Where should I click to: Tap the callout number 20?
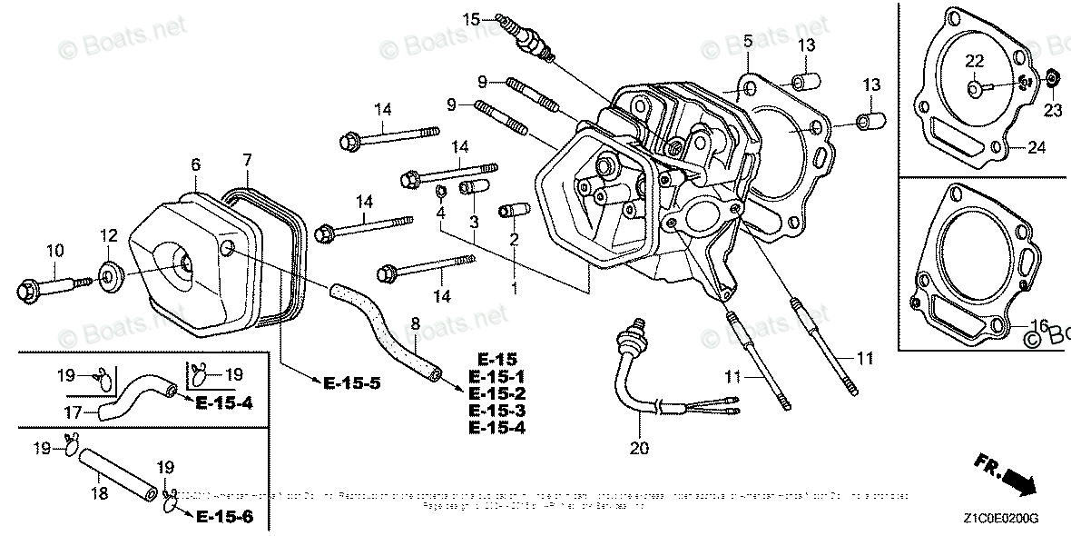pyautogui.click(x=640, y=447)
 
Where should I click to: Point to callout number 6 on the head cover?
pyautogui.click(x=195, y=164)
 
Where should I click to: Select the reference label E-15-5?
pyautogui.click(x=349, y=383)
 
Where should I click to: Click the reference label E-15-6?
pyautogui.click(x=222, y=518)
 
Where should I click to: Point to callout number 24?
pyautogui.click(x=1037, y=147)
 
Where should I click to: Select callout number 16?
pyautogui.click(x=1039, y=324)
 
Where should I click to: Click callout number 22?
pyautogui.click(x=974, y=62)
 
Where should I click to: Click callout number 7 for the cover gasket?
pyautogui.click(x=246, y=161)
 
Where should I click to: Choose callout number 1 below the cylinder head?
pyautogui.click(x=514, y=288)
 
